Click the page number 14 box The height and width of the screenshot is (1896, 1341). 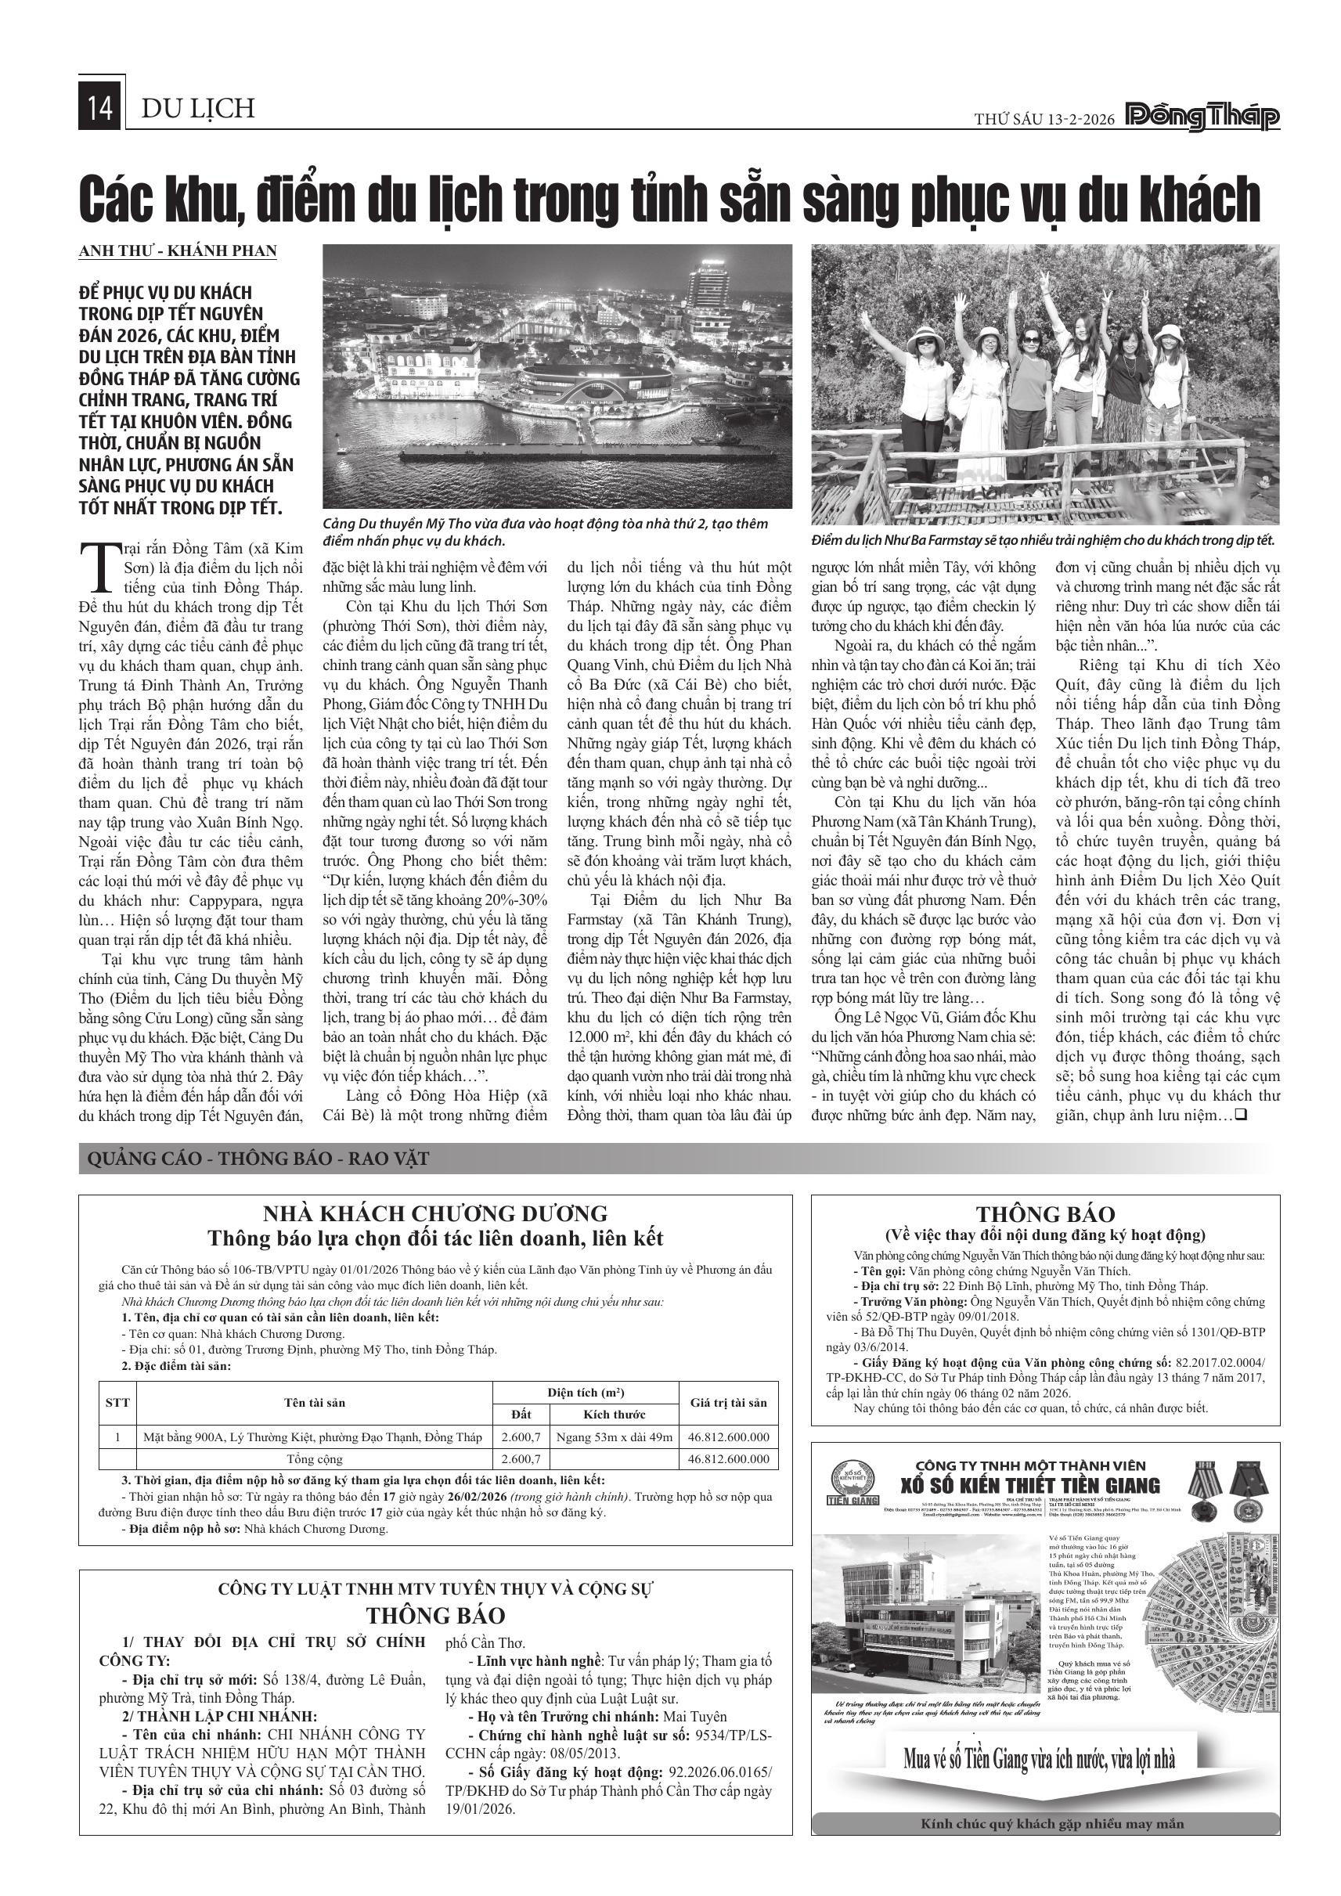pos(100,109)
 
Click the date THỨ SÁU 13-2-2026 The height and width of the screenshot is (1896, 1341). pos(1044,120)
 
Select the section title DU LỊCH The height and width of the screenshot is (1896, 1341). pos(198,109)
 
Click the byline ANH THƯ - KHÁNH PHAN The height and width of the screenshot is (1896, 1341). pos(178,251)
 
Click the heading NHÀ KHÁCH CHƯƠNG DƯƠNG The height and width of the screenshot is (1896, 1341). pos(434,1213)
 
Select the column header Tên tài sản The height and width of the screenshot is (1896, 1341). pos(314,1402)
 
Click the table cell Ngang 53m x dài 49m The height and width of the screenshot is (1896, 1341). pos(614,1436)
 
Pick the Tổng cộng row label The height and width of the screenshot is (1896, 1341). pos(314,1458)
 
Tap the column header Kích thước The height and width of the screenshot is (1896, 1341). pos(614,1414)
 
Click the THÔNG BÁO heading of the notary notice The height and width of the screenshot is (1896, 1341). pos(1044,1214)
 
